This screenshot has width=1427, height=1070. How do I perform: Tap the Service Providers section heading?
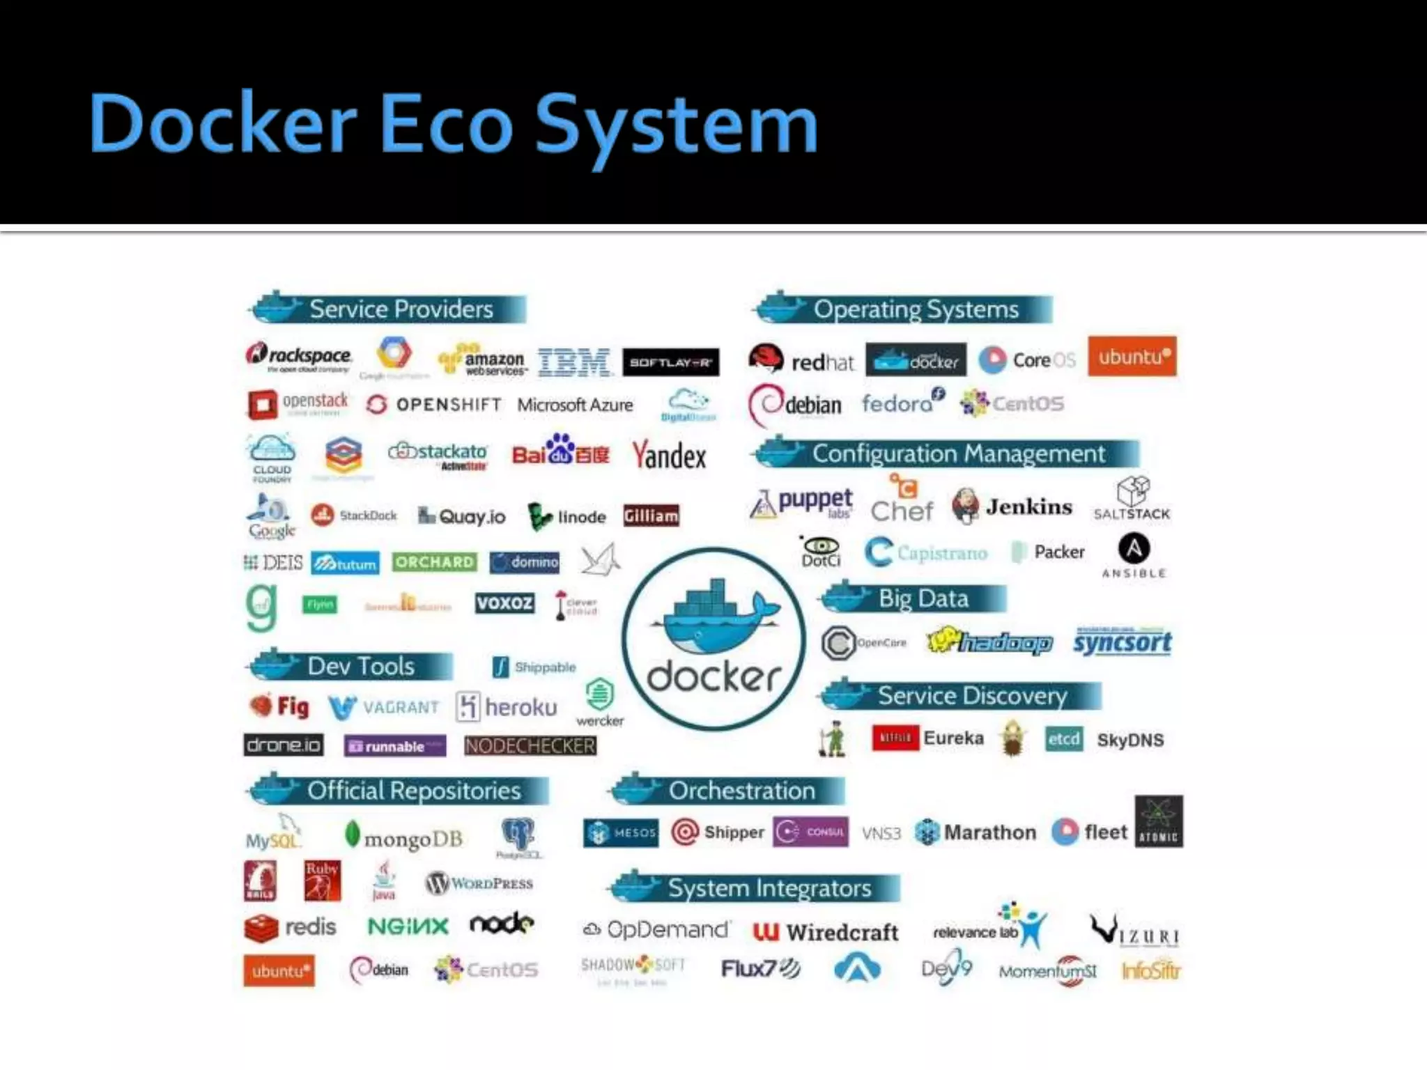[401, 309]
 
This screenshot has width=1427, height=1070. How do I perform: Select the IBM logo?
[573, 362]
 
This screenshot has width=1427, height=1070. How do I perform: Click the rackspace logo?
[300, 357]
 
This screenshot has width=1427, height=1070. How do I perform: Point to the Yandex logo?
[669, 456]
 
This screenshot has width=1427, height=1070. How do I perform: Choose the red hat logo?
[801, 361]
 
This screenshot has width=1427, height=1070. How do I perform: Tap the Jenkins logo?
[1012, 506]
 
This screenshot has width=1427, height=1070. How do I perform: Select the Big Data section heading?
[923, 598]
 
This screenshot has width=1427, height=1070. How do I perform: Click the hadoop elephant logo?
[989, 642]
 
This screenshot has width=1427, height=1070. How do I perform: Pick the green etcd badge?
[1064, 739]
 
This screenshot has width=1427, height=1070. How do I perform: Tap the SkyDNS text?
[1130, 740]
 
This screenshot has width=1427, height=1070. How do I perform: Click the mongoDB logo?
[404, 838]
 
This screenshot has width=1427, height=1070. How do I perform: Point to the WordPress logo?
[479, 883]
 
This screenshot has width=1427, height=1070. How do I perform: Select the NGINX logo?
[408, 926]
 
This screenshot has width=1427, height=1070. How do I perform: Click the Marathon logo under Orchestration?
[975, 832]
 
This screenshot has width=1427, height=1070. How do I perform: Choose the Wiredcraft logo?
[826, 932]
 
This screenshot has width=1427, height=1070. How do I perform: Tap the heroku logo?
[507, 707]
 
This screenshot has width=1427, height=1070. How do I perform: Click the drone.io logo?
[284, 745]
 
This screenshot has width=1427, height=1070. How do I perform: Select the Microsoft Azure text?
[575, 405]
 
